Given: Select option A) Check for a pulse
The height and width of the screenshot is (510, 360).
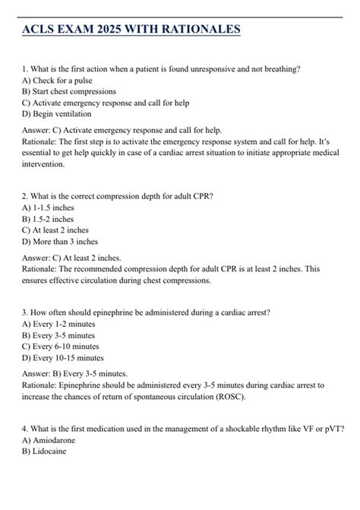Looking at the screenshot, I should click(59, 80).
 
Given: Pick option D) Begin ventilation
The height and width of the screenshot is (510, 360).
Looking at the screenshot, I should click(58, 114).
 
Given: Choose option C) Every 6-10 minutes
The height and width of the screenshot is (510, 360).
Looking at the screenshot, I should click(64, 345).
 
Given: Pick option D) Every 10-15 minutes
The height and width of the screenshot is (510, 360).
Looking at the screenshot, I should click(66, 356).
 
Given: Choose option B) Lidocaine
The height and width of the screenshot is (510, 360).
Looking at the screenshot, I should click(45, 450).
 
